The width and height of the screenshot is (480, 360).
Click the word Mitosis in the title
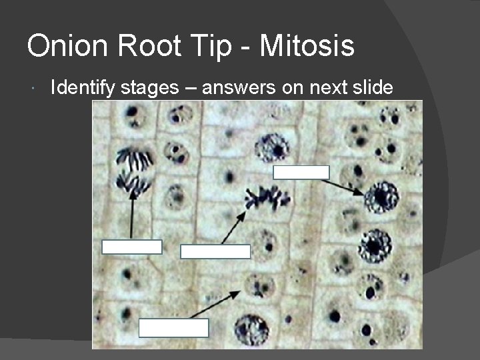307,46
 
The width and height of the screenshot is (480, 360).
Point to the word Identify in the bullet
83,89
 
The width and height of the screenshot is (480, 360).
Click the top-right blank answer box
301,173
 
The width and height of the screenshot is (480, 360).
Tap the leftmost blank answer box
131,247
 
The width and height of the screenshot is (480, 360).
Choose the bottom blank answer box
173,328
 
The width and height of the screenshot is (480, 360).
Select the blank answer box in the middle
215,251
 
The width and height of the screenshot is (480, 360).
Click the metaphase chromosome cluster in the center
267,198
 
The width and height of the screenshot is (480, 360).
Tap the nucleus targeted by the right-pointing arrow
381,197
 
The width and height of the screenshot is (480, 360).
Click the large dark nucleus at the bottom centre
251,329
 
